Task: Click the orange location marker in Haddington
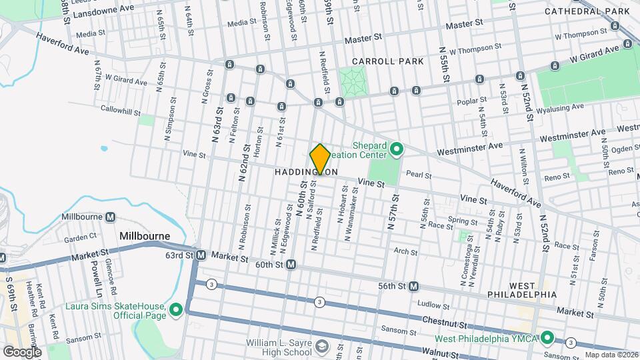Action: pos(321,159)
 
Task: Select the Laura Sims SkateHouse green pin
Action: pos(176,309)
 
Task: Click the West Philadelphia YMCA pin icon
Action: pos(547,337)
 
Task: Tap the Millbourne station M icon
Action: pos(110,217)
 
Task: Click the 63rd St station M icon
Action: pos(200,255)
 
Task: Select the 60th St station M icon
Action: pos(291,265)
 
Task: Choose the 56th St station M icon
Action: pos(413,286)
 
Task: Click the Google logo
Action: pos(22,351)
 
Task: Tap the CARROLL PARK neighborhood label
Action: pos(388,61)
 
